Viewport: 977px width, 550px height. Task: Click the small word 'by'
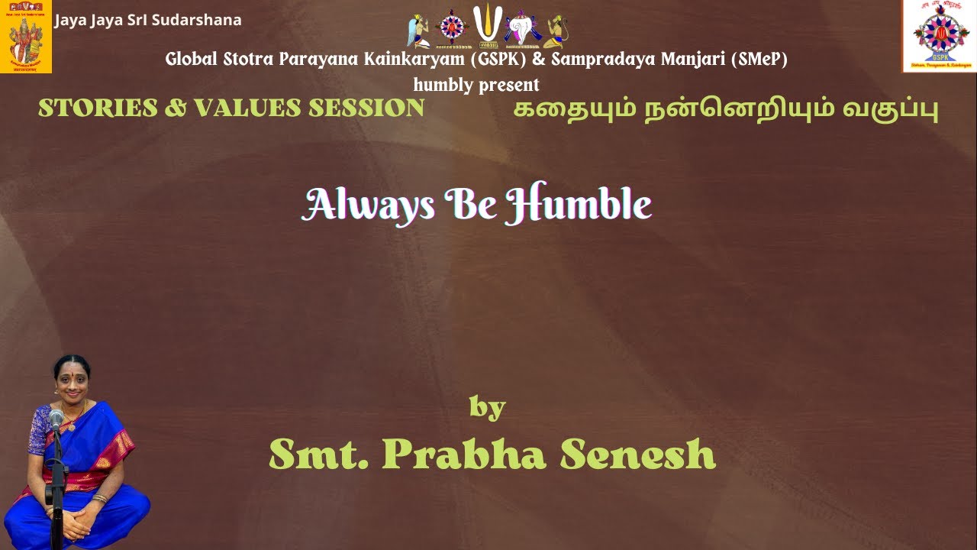tap(487, 407)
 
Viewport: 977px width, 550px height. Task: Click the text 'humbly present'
tap(476, 84)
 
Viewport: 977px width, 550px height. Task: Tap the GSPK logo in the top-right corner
tap(939, 35)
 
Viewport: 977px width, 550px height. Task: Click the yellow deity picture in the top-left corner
tap(26, 37)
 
